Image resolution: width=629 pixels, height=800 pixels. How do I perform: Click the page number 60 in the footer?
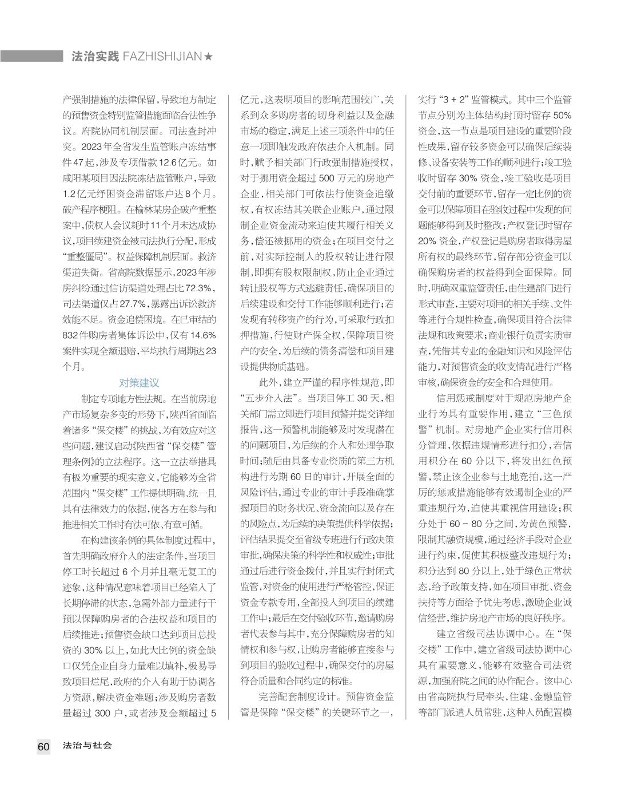tap(43, 746)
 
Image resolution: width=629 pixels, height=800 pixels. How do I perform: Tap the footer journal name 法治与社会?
tap(87, 746)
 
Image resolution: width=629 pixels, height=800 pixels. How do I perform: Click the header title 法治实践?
tap(95, 57)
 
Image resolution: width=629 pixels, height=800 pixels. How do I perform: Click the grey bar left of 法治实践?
tap(31, 56)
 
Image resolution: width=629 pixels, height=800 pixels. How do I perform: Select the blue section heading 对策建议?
tap(139, 383)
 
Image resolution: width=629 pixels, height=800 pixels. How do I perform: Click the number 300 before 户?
tap(105, 713)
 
